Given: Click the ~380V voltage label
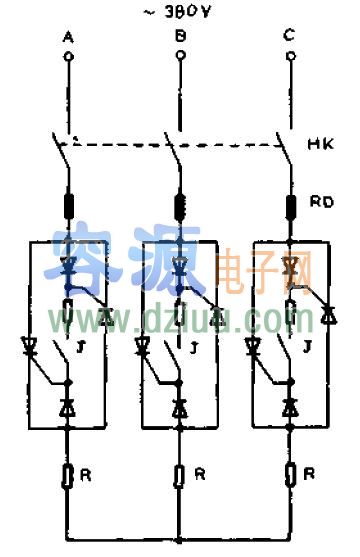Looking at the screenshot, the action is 180,14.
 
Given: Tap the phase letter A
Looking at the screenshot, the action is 68,37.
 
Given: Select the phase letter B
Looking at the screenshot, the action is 180,37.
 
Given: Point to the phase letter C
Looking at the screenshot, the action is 289,36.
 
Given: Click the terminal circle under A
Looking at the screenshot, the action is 69,57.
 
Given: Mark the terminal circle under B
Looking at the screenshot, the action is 180,57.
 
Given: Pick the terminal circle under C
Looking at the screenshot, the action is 290,57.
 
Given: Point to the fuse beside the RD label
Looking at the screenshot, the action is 291,206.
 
